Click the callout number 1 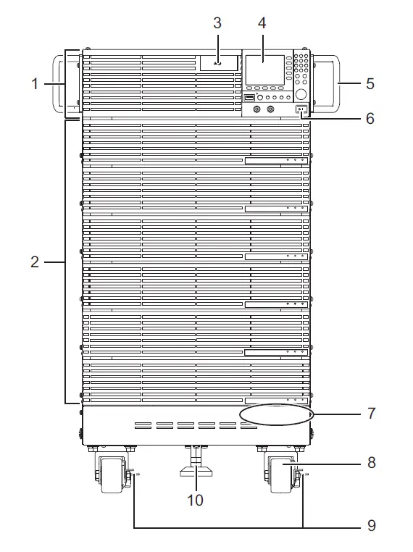(x=33, y=84)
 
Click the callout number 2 (x=33, y=262)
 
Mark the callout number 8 (x=370, y=462)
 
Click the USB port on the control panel (x=249, y=97)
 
